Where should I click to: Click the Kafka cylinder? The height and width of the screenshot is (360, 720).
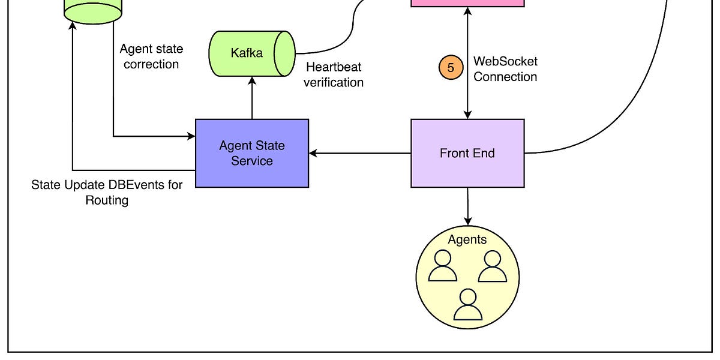[x=252, y=53]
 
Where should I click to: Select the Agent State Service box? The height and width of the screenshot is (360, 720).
[x=252, y=154]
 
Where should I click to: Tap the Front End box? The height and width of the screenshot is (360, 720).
[x=467, y=154]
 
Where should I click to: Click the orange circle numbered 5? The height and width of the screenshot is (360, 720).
[x=451, y=67]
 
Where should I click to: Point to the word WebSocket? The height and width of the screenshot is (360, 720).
[x=505, y=61]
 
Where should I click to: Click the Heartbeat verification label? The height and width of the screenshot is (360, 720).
[x=334, y=74]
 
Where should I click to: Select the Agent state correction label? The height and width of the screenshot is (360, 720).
[x=151, y=56]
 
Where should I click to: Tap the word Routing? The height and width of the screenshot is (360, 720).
[x=107, y=200]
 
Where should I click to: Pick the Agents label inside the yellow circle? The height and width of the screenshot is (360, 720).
[x=467, y=239]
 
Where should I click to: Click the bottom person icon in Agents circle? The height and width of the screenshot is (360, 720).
[x=468, y=304]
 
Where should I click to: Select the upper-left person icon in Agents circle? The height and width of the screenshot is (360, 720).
[x=443, y=266]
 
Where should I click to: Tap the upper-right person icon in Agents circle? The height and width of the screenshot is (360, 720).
[x=493, y=266]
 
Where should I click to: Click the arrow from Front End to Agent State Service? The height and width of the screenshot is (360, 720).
[x=360, y=154]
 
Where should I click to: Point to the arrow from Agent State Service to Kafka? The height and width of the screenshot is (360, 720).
[x=253, y=98]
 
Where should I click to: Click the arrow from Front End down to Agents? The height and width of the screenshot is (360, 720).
[x=467, y=206]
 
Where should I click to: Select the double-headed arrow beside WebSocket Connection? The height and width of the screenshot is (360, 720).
[x=467, y=63]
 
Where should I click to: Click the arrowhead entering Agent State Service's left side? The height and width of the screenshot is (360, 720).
[x=191, y=136]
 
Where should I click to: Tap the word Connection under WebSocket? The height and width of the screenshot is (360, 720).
[x=505, y=77]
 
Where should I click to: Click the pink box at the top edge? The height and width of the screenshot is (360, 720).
[x=467, y=3]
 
